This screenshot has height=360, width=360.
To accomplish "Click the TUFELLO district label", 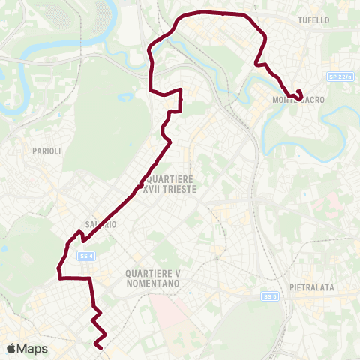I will point(313,19).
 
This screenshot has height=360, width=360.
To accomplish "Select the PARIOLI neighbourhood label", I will point(40,151).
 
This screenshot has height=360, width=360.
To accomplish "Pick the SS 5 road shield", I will point(270,296).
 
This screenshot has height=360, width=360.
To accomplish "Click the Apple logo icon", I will point(12,348).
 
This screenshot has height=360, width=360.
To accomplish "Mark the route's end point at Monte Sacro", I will point(300,96).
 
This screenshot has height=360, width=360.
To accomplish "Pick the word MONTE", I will point(282,100).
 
